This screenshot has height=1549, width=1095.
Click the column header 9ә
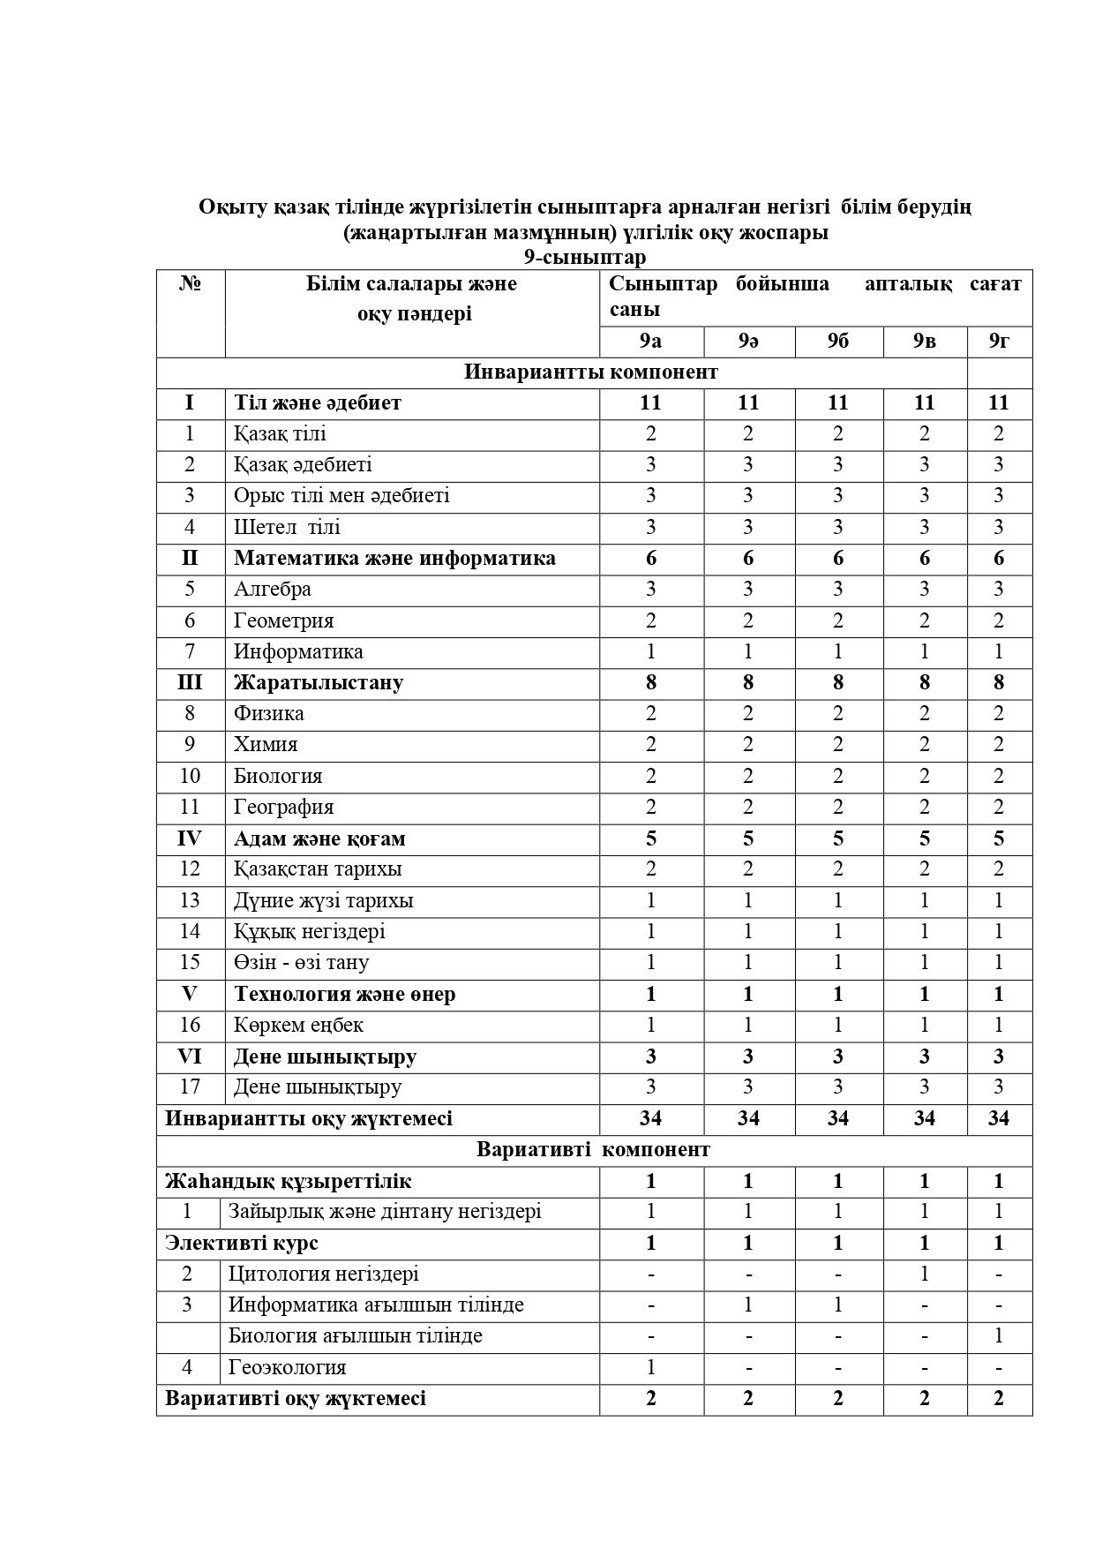pos(748,341)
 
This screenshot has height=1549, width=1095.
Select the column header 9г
pos(999,341)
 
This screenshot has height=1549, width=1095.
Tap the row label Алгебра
pos(272,589)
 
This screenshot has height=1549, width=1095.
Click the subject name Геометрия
pos(283,620)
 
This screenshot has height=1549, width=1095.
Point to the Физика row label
pos(268,713)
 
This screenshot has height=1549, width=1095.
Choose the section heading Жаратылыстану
pos(319,682)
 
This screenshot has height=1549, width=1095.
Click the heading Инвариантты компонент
pos(590,372)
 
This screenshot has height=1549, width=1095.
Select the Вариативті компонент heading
pos(593,1149)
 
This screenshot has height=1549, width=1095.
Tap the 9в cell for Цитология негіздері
pos(924,1274)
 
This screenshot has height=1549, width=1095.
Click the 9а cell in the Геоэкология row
pos(650,1367)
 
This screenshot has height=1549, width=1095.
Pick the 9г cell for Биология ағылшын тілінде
pos(999,1335)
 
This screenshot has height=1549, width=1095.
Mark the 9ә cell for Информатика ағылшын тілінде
pos(748,1305)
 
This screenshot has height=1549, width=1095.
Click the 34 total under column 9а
pos(650,1118)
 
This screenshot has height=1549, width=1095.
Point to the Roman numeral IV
pos(190,838)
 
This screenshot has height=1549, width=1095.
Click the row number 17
pos(190,1087)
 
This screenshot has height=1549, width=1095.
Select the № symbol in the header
pos(190,284)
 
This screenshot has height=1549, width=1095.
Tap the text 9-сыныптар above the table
pos(584,257)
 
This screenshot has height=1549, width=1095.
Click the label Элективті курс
pos(242,1243)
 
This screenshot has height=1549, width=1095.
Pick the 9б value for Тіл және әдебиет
pos(837,402)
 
